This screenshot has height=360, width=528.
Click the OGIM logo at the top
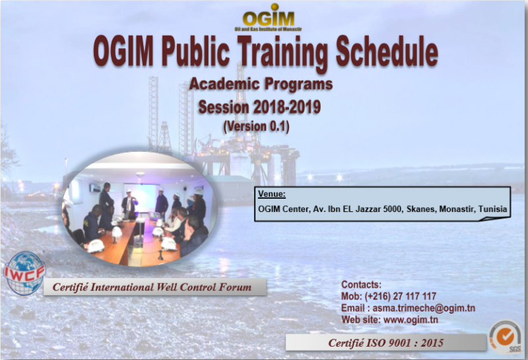(x=269, y=18)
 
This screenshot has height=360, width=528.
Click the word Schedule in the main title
(x=387, y=52)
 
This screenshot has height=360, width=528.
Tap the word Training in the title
(x=282, y=54)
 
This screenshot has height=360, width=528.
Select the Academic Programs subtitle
(x=261, y=84)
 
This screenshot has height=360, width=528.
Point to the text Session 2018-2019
(x=259, y=107)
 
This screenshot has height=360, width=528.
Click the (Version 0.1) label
(x=256, y=126)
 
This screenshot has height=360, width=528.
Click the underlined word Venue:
(x=272, y=194)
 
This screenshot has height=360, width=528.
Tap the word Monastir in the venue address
(x=457, y=209)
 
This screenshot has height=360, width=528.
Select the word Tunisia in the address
(x=492, y=209)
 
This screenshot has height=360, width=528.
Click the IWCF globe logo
(x=24, y=273)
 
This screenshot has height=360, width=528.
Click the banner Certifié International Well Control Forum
(x=155, y=287)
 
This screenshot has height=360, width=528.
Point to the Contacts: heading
(x=361, y=285)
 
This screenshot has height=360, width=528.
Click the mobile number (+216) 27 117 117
(x=401, y=297)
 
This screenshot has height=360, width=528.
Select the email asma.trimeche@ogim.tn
(x=424, y=308)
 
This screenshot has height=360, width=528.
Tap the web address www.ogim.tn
(x=411, y=320)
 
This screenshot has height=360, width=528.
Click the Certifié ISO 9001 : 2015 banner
(x=386, y=343)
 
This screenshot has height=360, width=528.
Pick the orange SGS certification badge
(x=506, y=337)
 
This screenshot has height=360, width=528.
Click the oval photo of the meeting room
(x=139, y=209)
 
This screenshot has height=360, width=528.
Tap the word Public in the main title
(x=195, y=52)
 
